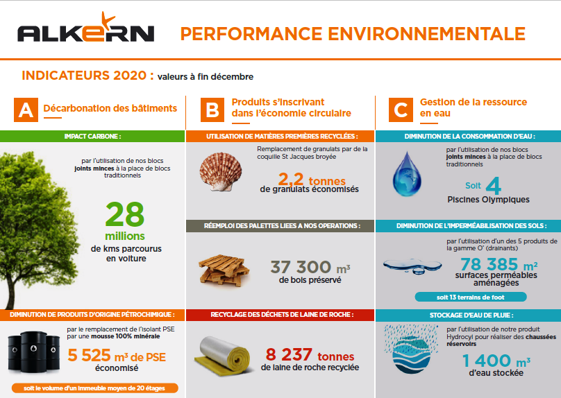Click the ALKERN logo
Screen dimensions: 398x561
click(85, 31)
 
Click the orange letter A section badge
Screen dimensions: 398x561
click(26, 109)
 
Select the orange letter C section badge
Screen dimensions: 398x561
click(400, 109)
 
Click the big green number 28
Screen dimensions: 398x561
click(125, 214)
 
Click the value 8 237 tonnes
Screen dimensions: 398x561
click(310, 353)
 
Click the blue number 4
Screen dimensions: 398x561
click(493, 186)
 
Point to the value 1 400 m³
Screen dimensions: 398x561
click(496, 361)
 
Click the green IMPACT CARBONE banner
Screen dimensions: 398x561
click(92, 137)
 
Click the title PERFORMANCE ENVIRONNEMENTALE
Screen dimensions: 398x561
click(353, 33)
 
